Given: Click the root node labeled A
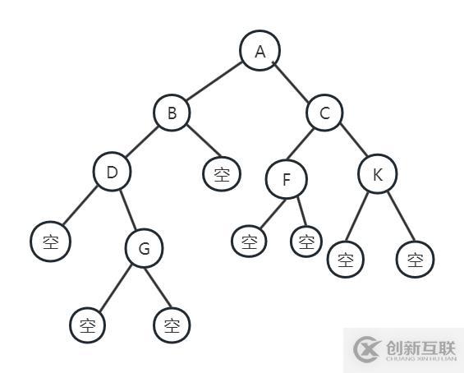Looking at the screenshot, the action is click(x=260, y=51).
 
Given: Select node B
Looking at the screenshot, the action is click(x=172, y=113).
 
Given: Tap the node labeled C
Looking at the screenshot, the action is click(x=324, y=113).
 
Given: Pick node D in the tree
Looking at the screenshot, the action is click(x=113, y=172).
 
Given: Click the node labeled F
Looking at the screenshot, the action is click(x=287, y=179).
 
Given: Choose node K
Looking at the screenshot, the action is click(x=378, y=174).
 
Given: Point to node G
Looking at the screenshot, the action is click(x=144, y=248).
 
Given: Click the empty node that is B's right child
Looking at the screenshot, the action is click(x=222, y=174).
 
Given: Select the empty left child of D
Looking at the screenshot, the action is click(x=51, y=242).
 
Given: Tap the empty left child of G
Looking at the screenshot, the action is click(x=88, y=325).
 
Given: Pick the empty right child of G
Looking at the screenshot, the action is click(x=172, y=325).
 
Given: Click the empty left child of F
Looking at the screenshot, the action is click(x=249, y=242).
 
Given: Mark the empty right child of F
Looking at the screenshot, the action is click(x=306, y=242).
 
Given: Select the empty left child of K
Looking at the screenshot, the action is click(x=346, y=260).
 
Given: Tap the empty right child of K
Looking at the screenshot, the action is click(x=416, y=260).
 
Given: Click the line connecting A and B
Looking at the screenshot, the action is click(x=214, y=81).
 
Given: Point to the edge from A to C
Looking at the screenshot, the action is click(x=292, y=82).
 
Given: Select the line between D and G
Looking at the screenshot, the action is click(x=128, y=210).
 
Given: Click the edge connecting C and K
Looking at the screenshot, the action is click(x=354, y=140).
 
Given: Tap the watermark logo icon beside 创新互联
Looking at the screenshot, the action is click(x=366, y=349).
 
